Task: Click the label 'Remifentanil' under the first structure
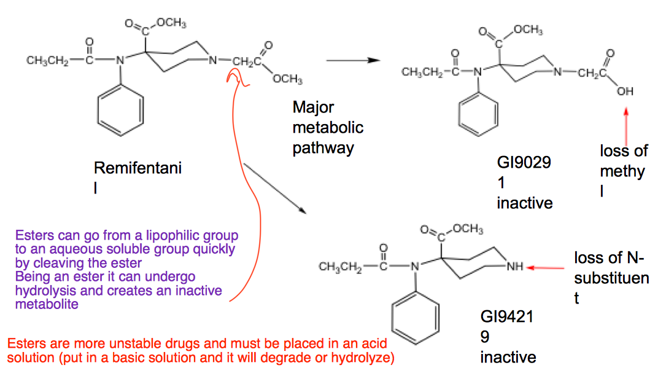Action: pos(137,177)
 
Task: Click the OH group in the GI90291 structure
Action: pos(625,92)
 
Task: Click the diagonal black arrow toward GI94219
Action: pos(274,188)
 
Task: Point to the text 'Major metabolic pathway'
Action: pos(328,128)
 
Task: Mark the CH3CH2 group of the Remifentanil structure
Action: pos(47,61)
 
